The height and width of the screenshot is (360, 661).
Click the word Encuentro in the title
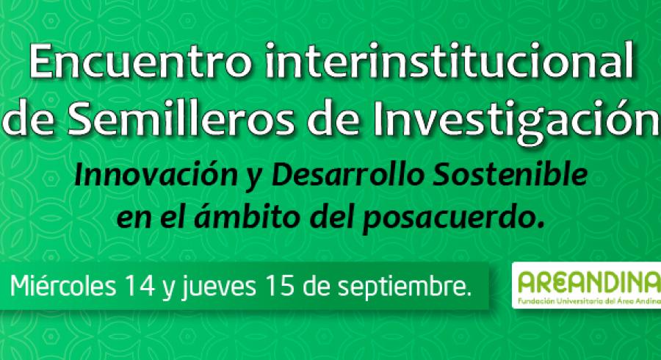coord(140,63)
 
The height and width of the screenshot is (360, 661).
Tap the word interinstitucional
coord(449,61)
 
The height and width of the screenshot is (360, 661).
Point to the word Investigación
coord(516,122)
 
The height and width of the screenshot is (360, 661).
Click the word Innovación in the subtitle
coord(156,176)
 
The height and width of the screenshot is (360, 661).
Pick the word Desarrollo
coord(347,176)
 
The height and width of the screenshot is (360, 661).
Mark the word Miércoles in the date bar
coord(63,287)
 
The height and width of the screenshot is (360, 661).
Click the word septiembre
coord(404,288)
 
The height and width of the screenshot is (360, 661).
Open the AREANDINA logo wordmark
coord(589,282)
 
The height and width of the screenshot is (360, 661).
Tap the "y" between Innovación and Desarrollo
coord(254,179)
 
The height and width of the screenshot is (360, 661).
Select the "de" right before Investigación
coord(333,120)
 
